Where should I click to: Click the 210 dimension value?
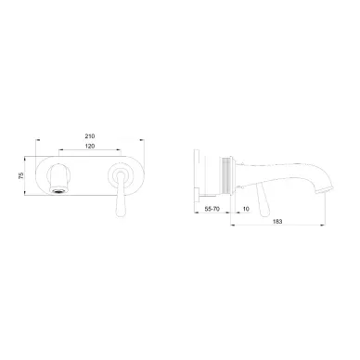coord(90,136)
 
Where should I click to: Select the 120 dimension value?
coord(90,147)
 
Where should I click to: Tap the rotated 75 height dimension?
coord(21,176)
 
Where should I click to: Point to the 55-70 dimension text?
coord(212,209)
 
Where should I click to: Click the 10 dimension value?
coord(246,209)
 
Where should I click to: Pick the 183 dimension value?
coord(277,222)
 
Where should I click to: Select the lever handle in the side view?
coord(264,199)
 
